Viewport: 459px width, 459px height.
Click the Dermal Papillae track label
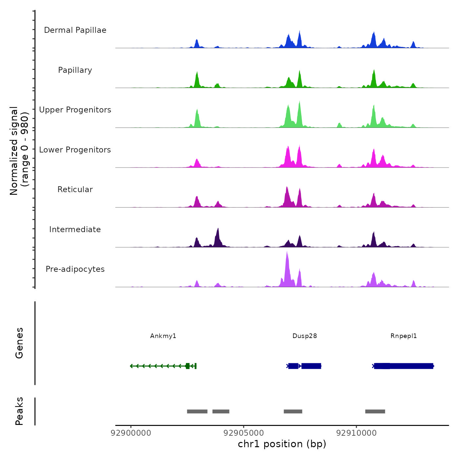point(75,30)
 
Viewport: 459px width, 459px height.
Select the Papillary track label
point(75,70)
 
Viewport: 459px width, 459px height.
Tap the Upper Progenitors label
point(75,110)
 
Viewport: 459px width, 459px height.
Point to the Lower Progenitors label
point(75,150)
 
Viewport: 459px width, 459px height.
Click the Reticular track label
point(75,190)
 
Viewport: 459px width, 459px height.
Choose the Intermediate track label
point(75,229)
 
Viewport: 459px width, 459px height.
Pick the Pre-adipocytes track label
point(75,269)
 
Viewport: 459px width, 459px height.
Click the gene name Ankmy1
point(163,336)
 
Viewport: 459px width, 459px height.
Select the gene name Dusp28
point(305,336)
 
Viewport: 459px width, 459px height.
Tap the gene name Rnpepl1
point(404,336)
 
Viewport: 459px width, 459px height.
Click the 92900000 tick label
point(131,433)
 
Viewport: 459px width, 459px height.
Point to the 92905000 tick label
point(244,433)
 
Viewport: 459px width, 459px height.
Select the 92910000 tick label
point(356,433)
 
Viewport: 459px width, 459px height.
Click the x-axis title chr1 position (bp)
point(282,444)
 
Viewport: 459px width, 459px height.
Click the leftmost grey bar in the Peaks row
point(197,411)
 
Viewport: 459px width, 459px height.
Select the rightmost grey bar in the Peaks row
point(375,411)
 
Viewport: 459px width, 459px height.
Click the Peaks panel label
point(19,411)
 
